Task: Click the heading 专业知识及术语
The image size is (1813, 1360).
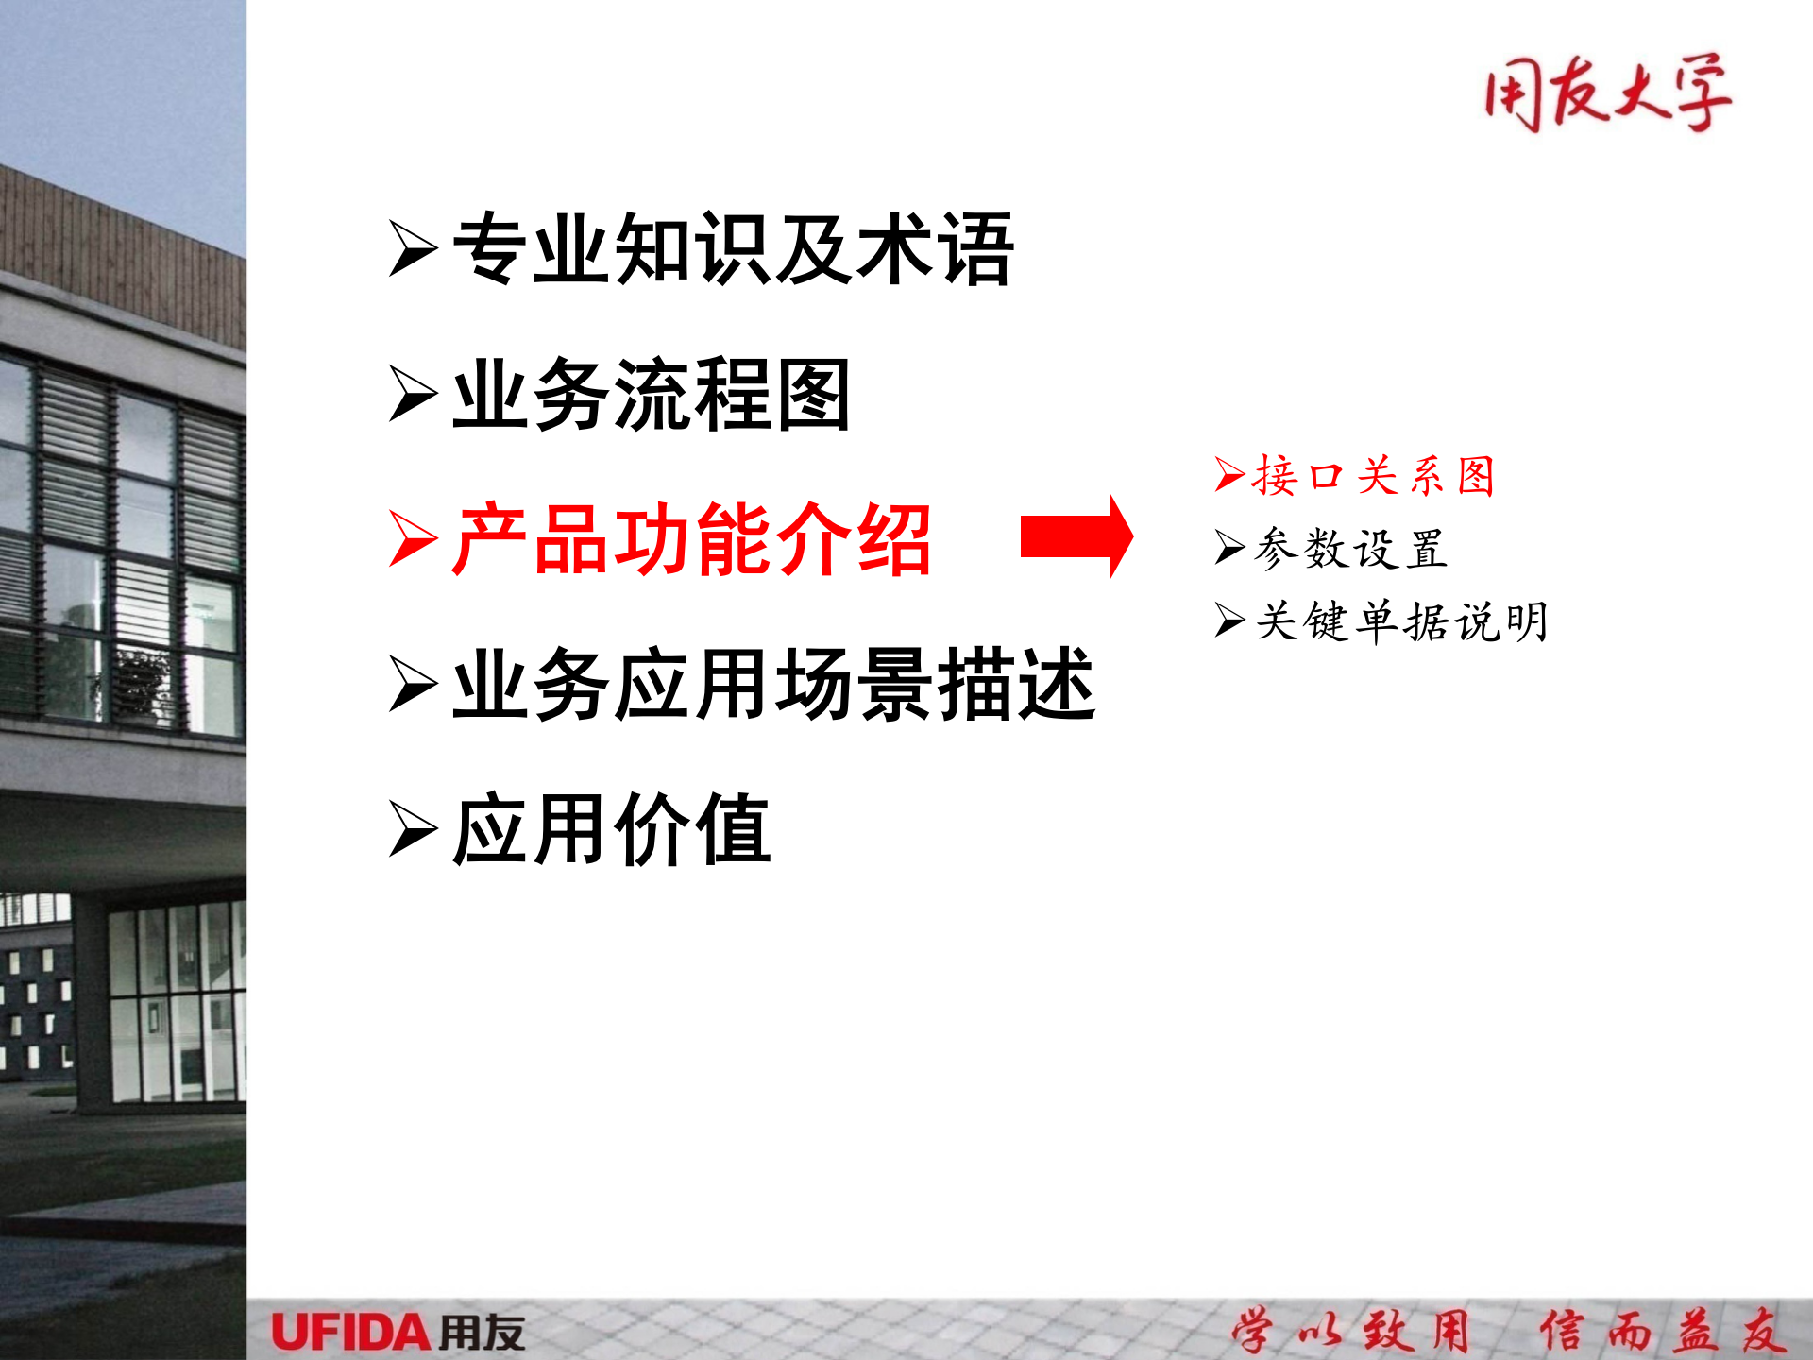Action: [733, 249]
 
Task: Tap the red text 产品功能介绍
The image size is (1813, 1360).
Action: [692, 540]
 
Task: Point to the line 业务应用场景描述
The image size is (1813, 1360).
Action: [773, 685]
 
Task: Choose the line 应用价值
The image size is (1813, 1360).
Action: [611, 830]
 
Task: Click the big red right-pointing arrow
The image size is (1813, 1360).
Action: [1076, 536]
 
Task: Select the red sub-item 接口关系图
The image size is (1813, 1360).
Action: [1374, 475]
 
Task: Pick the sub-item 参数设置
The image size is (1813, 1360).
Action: [1350, 549]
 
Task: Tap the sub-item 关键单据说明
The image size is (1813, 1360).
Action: [1401, 621]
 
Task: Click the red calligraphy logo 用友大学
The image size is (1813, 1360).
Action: [1607, 93]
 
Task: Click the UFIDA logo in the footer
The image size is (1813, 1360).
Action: [398, 1333]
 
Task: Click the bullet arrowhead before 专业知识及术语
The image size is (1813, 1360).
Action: [413, 249]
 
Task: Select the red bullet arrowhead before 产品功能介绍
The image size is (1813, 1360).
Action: [413, 540]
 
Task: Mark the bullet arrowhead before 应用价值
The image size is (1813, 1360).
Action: [413, 830]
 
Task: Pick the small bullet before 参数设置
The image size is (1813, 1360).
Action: [1229, 547]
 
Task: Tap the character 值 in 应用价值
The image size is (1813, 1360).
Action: [733, 830]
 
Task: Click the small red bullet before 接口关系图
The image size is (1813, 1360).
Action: [1229, 474]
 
